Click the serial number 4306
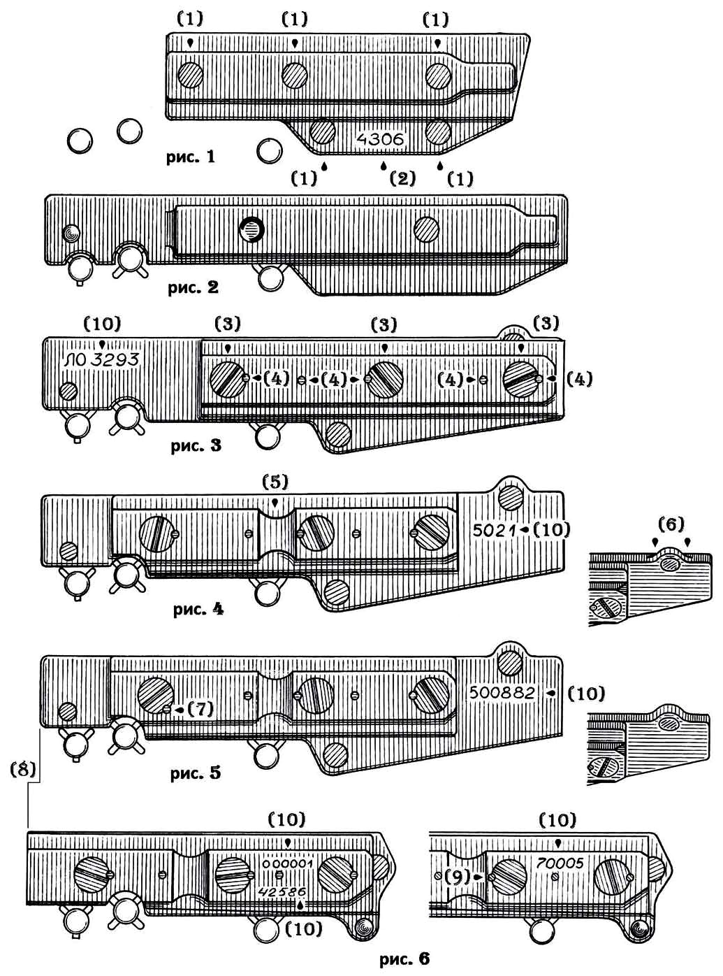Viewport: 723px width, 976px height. [380, 139]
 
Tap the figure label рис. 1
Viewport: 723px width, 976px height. [191, 157]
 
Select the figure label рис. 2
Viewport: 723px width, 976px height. [193, 287]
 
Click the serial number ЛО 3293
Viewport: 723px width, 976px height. [102, 360]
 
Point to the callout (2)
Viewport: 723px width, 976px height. [402, 178]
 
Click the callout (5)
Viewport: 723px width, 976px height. [275, 482]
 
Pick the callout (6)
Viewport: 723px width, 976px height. [671, 524]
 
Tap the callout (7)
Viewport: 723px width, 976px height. [200, 709]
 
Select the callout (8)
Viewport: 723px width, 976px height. [24, 770]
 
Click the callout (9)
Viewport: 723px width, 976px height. [458, 876]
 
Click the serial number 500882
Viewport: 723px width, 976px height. [502, 692]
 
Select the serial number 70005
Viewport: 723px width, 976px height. [560, 863]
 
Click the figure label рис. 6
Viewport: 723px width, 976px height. [405, 959]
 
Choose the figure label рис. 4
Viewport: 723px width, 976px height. [198, 609]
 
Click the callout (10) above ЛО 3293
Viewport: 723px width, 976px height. [102, 324]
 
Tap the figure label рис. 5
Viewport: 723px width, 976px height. [196, 773]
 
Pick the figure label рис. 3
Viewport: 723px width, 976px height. [196, 445]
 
